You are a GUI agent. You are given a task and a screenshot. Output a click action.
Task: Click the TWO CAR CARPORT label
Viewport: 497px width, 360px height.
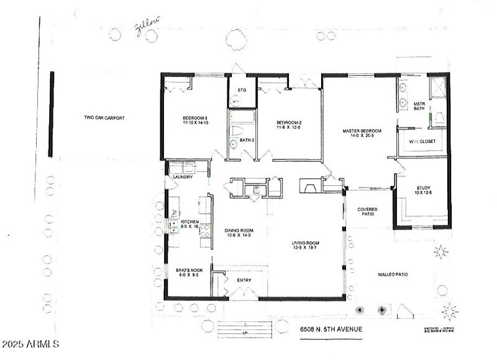101,118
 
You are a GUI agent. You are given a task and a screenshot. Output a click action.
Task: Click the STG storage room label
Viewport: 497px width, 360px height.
242,90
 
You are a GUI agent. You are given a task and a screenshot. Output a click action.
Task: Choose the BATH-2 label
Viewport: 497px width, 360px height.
247,141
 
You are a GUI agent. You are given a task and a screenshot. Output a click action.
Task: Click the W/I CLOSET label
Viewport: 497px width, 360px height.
422,141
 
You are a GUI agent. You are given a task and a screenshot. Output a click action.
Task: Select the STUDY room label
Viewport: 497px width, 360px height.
423,190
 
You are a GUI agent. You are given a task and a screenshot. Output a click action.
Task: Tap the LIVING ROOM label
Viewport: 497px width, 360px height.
305,245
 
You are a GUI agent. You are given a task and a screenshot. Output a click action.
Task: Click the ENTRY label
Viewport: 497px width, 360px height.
244,280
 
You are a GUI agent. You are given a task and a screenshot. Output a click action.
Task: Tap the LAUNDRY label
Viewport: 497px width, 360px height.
183,177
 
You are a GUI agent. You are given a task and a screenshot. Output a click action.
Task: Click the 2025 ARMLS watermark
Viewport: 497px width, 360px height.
30,344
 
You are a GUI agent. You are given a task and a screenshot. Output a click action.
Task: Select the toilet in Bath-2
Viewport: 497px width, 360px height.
236,132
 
